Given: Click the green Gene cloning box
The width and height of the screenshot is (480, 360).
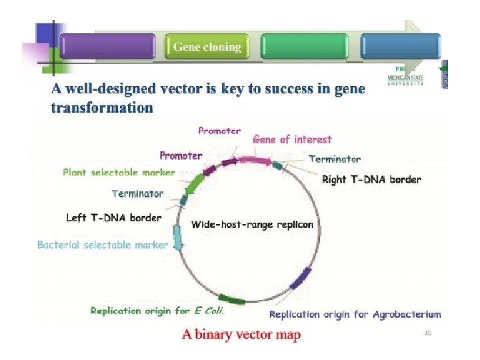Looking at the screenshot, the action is (x=207, y=47).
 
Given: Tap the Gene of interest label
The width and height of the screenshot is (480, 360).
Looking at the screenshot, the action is (x=292, y=139).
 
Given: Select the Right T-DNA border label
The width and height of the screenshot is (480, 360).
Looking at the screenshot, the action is (x=371, y=179).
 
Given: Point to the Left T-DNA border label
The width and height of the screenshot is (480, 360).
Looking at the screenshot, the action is (x=113, y=217).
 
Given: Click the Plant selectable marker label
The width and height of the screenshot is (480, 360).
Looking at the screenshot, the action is (x=119, y=172).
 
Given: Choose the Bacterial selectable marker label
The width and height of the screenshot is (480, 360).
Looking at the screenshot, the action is (x=103, y=245).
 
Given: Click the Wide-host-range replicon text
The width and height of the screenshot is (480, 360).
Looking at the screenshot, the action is (x=252, y=225).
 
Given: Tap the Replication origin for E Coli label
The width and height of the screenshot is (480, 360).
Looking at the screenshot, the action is (x=157, y=311).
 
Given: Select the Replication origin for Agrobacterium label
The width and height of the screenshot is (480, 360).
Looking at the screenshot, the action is (x=355, y=314).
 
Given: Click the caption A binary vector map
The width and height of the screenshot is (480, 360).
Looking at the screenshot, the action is (x=241, y=334).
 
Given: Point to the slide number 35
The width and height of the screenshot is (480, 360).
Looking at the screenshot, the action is (x=428, y=333).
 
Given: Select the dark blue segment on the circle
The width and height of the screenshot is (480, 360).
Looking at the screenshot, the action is (x=301, y=277).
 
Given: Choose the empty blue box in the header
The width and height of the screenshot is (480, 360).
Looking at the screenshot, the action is (x=400, y=47).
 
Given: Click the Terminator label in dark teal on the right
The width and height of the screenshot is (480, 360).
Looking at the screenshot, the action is (x=335, y=159).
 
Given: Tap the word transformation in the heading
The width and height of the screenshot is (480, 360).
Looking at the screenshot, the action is (x=102, y=107).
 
